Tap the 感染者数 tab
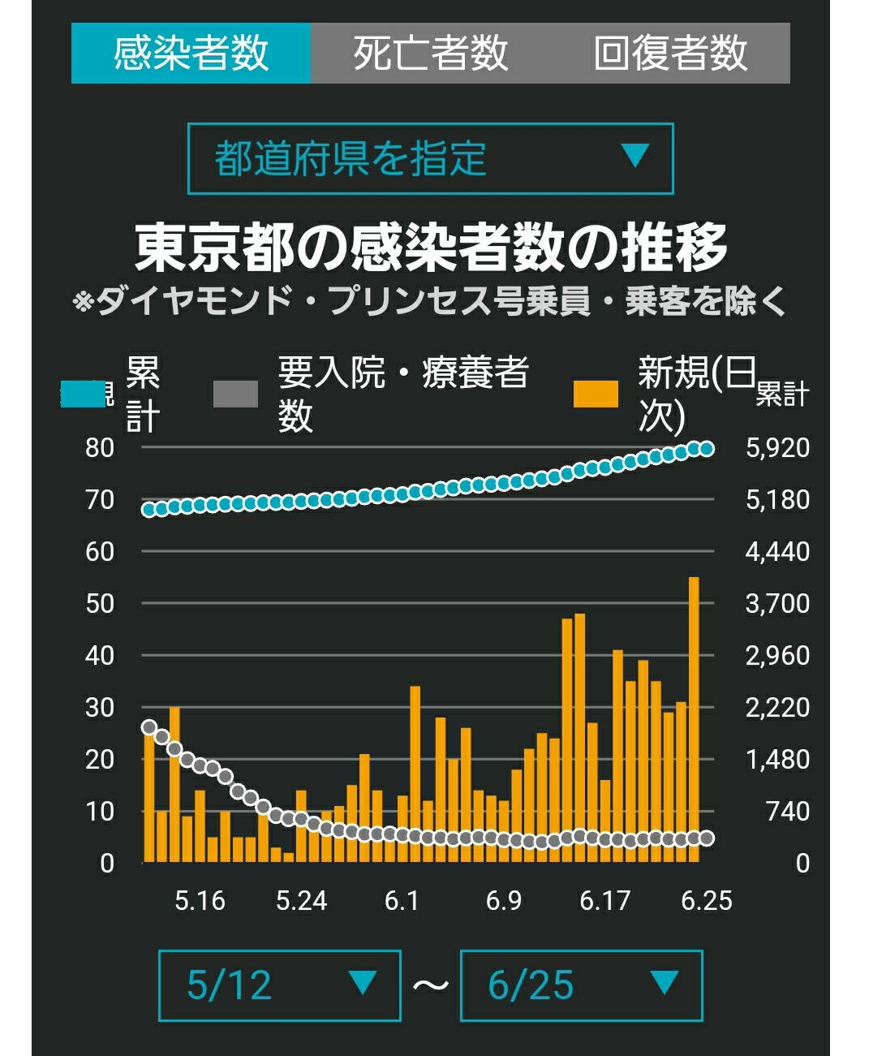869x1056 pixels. pos(191,53)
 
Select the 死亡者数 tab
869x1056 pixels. pos(431,53)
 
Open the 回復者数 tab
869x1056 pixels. pos(671,53)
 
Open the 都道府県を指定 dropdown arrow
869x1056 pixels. pos(635,155)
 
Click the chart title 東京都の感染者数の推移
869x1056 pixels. pos(431,248)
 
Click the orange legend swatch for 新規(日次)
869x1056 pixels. pos(596,394)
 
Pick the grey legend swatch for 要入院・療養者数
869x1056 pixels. pos(236,394)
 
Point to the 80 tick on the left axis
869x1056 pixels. pos(100,447)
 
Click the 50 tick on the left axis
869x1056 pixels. pos(100,604)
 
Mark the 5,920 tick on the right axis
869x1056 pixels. pos(777,447)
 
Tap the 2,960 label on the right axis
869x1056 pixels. pos(777,656)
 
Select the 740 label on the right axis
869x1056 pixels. pos(788,812)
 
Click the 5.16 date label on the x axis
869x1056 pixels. pos(200,901)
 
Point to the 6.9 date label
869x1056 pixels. pos(504,901)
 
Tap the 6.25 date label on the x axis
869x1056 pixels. pos(706,901)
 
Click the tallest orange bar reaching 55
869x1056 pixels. pos(694,719)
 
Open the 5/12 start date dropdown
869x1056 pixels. pos(280,985)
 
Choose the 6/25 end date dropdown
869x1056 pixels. pos(582,985)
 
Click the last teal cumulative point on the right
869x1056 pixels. pos(706,449)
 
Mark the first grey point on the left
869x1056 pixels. pos(148,727)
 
